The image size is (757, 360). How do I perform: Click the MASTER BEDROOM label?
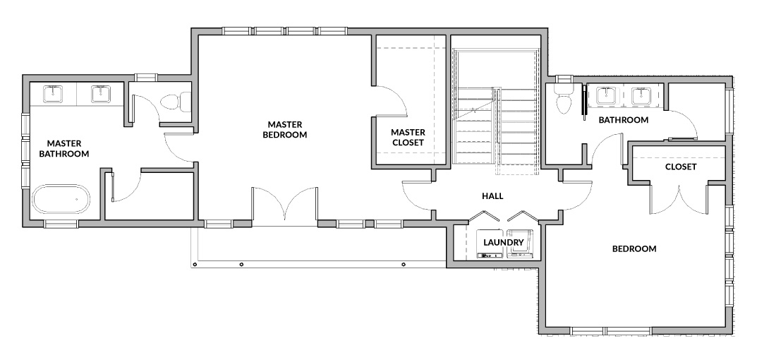[285, 129]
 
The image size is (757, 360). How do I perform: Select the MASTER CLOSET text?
[408, 137]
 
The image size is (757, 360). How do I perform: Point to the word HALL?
[492, 196]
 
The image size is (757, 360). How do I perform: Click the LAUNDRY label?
[504, 242]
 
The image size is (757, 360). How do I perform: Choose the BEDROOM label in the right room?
[634, 249]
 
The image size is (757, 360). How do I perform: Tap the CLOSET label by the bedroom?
[681, 167]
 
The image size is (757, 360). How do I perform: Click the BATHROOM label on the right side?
[623, 120]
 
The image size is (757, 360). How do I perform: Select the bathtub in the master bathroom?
[61, 199]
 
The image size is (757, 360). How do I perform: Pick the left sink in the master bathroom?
[53, 94]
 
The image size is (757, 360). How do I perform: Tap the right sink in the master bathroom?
[101, 94]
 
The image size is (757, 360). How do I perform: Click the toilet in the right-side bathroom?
[564, 98]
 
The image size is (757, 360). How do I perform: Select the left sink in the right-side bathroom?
[605, 96]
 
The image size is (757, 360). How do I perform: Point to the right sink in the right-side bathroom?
[641, 96]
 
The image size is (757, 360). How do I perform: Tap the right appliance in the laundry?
[519, 243]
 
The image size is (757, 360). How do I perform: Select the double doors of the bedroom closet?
[679, 198]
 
